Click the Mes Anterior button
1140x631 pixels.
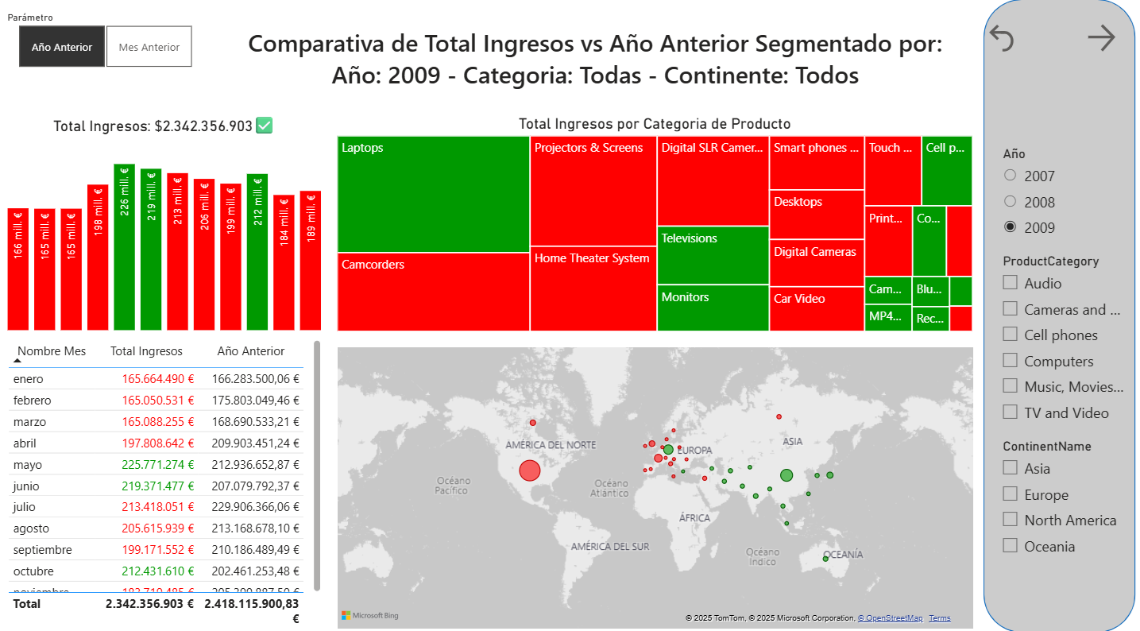[149, 47]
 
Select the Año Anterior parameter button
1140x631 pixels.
[62, 47]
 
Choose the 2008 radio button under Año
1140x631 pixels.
[1010, 202]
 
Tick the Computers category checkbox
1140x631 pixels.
[1010, 361]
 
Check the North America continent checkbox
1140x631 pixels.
[1010, 520]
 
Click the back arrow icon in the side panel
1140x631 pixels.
[1002, 37]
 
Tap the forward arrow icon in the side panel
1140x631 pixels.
[1101, 37]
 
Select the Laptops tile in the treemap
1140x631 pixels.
[433, 194]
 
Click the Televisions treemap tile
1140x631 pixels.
[713, 254]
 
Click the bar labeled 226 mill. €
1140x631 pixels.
[124, 246]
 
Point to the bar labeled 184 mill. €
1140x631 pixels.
[284, 262]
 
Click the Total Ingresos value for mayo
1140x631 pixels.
[158, 464]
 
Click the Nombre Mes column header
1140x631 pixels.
[52, 351]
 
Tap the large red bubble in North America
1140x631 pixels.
[529, 471]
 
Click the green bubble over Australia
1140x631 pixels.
[825, 559]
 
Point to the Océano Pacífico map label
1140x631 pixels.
[452, 486]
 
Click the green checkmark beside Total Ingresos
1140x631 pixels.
[265, 126]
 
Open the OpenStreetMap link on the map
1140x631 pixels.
[890, 618]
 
